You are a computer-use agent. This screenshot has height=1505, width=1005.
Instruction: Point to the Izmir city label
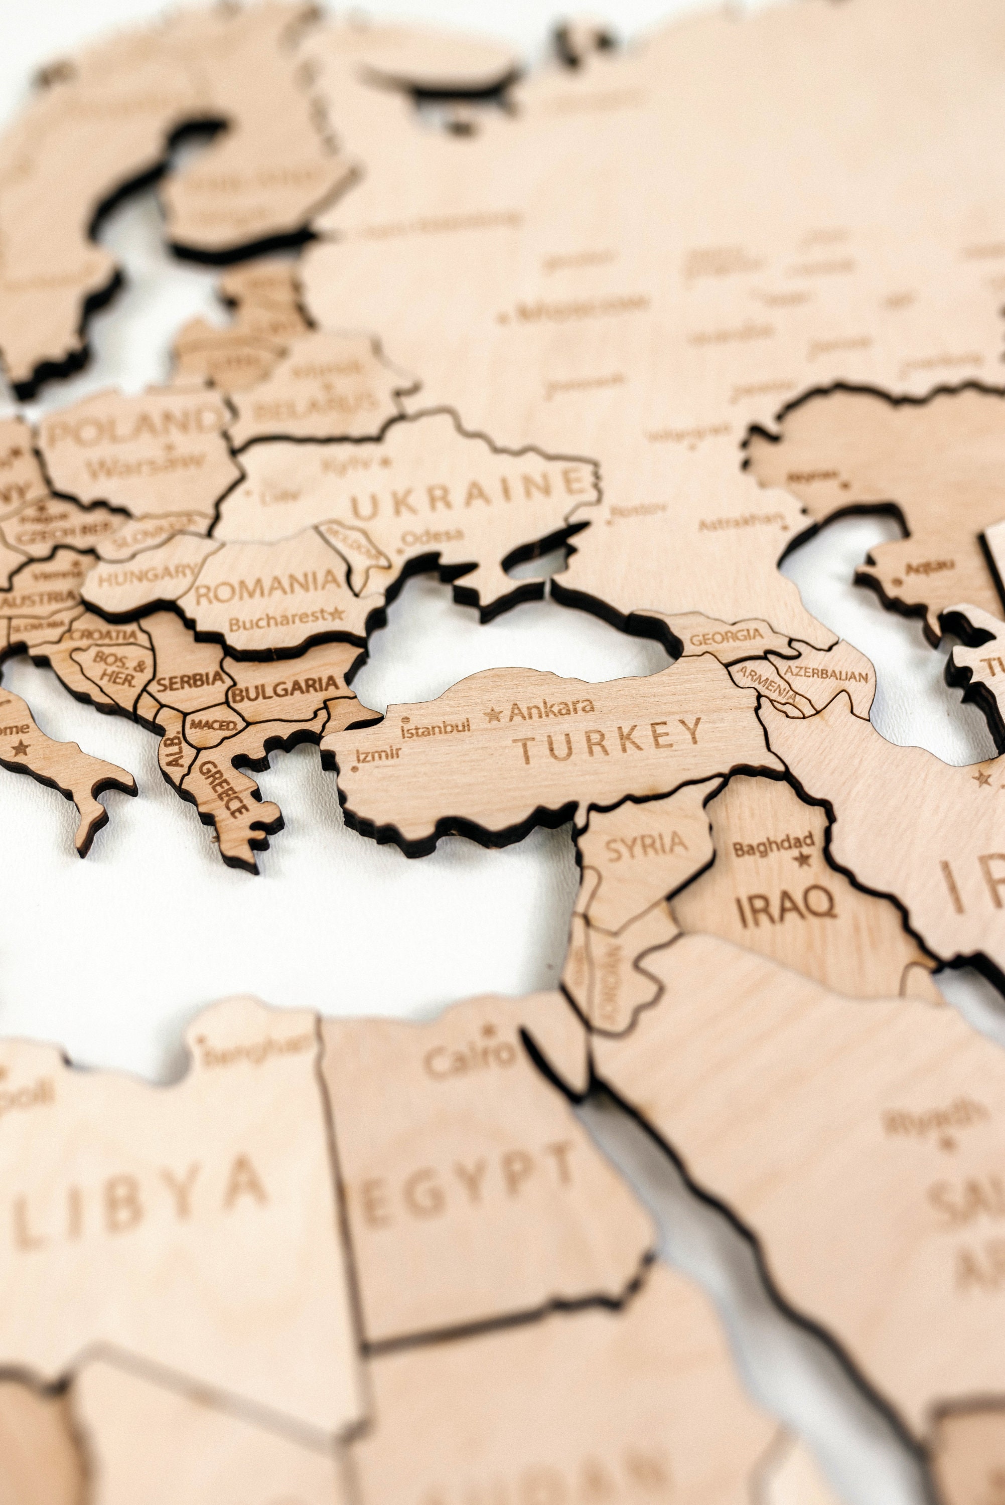coord(379,754)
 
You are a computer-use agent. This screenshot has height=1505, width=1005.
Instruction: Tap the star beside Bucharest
coord(336,613)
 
